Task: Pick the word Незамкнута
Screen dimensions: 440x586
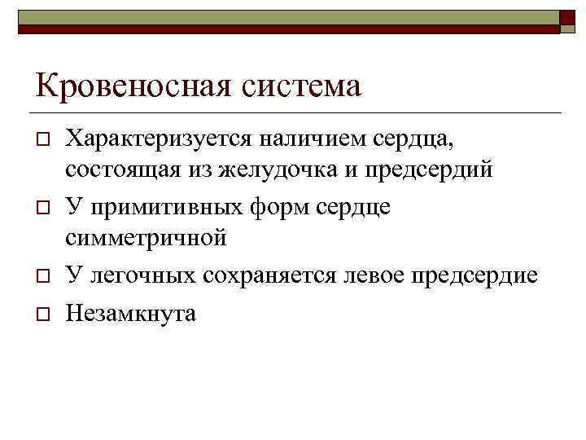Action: click(x=131, y=314)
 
